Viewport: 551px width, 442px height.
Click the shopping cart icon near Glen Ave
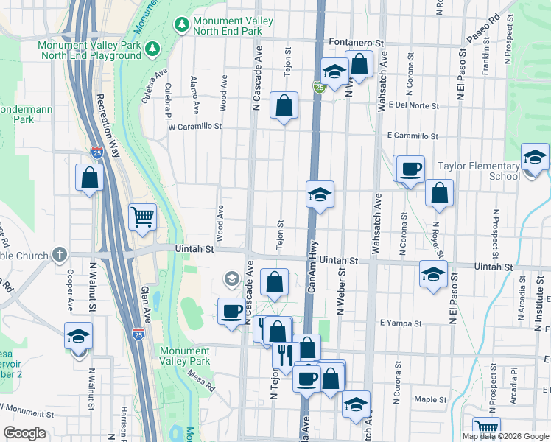click(x=142, y=217)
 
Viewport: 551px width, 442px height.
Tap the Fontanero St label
click(x=357, y=43)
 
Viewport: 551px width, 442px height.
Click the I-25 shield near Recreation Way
click(x=97, y=152)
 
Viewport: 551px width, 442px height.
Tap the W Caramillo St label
click(x=194, y=127)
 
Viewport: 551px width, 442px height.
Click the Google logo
click(x=24, y=433)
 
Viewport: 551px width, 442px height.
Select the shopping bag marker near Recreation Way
click(x=89, y=178)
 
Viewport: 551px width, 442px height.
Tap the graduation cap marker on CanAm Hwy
click(x=320, y=195)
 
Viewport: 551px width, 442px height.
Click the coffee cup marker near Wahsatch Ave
click(x=410, y=169)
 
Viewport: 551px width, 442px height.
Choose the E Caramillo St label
click(x=413, y=136)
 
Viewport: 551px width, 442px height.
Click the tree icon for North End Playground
click(x=152, y=49)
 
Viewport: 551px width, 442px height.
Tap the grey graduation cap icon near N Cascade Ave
click(x=231, y=278)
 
